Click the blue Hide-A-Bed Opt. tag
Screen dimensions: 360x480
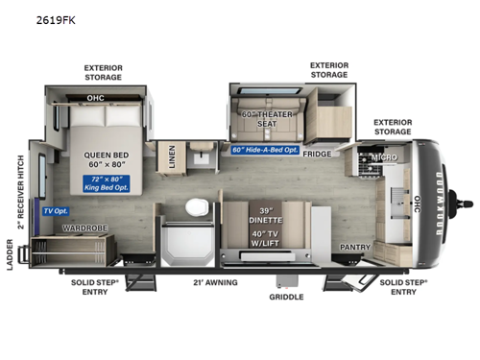(x=264, y=149)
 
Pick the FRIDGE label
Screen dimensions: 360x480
(x=316, y=154)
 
